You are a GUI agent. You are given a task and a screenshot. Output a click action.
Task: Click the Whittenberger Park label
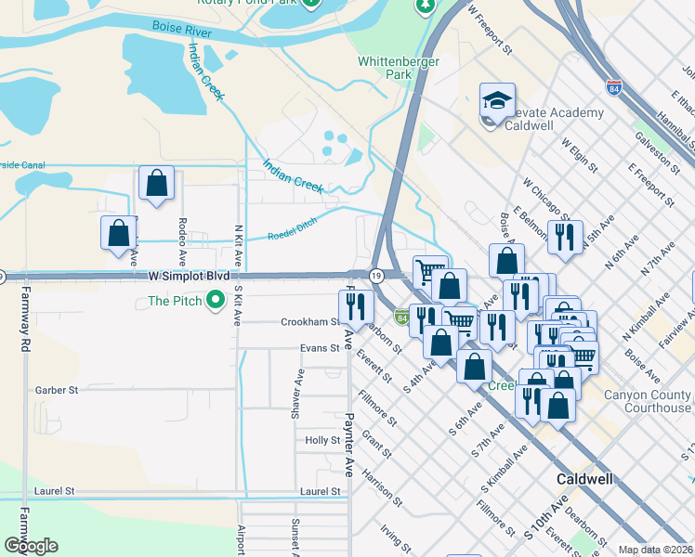(x=386, y=67)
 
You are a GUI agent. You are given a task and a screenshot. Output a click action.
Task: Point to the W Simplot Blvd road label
(x=188, y=277)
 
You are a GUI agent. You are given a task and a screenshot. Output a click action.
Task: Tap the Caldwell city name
(x=584, y=479)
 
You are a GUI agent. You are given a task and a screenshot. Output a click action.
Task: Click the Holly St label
(x=322, y=440)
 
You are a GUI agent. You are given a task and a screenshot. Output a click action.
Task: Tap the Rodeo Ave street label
(x=182, y=240)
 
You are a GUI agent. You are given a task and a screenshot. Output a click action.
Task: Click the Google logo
(x=31, y=546)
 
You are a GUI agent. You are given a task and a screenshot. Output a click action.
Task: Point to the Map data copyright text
(x=656, y=550)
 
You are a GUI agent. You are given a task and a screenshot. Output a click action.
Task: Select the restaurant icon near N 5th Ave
(x=564, y=238)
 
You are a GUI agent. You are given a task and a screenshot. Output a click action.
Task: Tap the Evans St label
(x=320, y=348)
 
